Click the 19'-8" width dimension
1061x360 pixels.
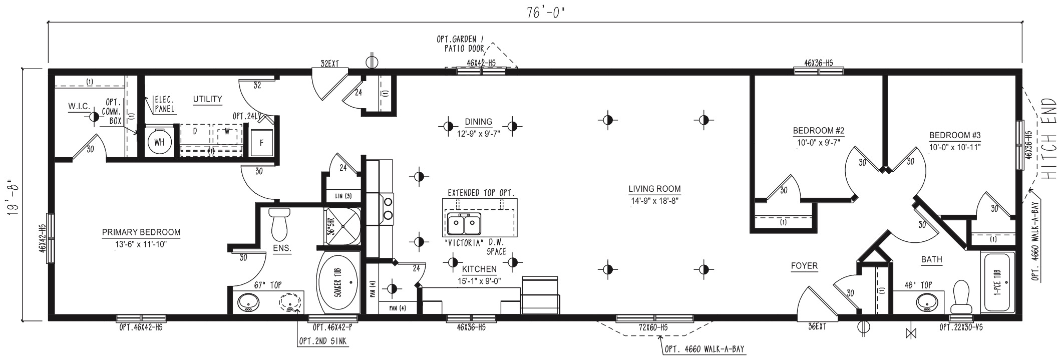click(x=14, y=194)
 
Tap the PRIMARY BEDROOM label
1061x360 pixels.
click(x=141, y=233)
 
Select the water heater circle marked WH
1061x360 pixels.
click(x=159, y=143)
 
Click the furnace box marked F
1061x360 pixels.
click(x=261, y=143)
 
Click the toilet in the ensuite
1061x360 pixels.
click(x=279, y=225)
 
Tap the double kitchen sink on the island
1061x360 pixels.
click(x=464, y=224)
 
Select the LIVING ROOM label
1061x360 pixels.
click(x=654, y=189)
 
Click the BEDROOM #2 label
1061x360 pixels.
click(x=818, y=131)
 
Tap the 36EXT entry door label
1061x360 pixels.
click(x=816, y=327)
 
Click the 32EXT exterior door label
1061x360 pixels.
click(x=330, y=64)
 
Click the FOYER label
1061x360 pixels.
click(x=804, y=266)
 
